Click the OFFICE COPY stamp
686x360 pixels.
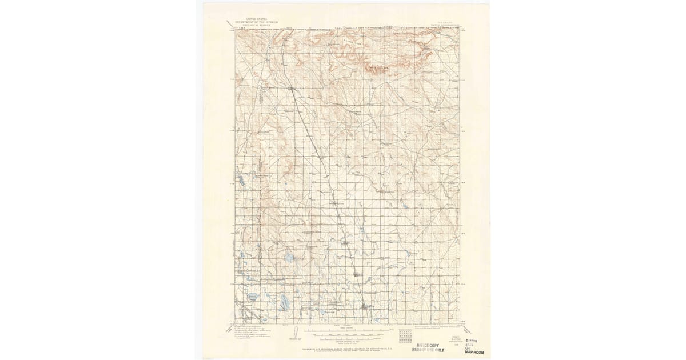point(430,345)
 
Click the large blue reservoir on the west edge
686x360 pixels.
point(240,181)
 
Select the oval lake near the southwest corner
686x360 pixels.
point(252,297)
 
